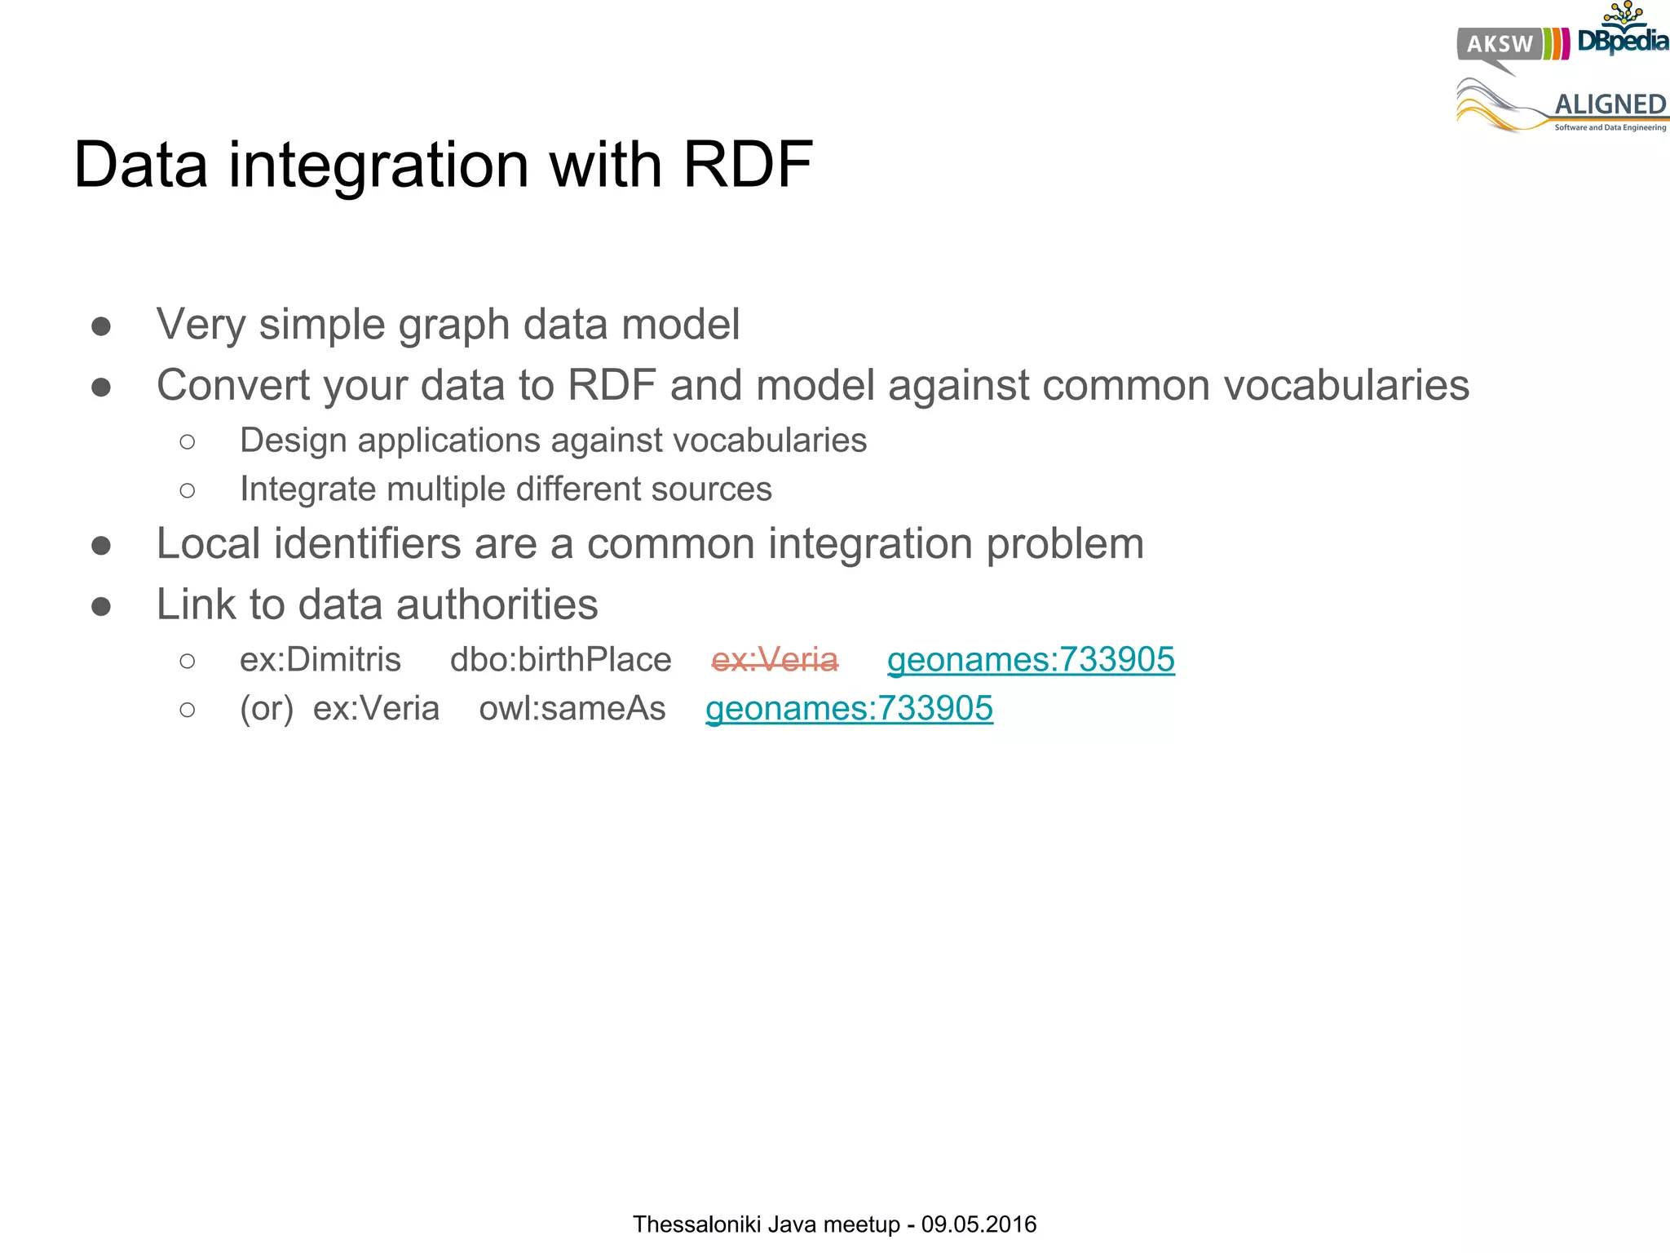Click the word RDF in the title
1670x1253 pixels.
coord(747,166)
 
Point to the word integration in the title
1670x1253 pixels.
coord(379,166)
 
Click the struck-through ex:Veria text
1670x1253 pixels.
coord(775,660)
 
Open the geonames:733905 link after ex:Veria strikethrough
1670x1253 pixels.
coord(1031,660)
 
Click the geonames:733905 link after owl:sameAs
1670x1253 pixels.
coord(849,709)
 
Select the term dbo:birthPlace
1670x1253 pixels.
coord(560,660)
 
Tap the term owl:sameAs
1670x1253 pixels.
coord(572,709)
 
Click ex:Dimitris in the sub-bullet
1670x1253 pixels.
coord(320,660)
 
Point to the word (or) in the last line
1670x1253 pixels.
coord(266,709)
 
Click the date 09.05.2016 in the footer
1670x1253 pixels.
coord(979,1224)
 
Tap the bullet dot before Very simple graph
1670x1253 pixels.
coord(101,326)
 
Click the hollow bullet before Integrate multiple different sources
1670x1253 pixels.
coord(188,490)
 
